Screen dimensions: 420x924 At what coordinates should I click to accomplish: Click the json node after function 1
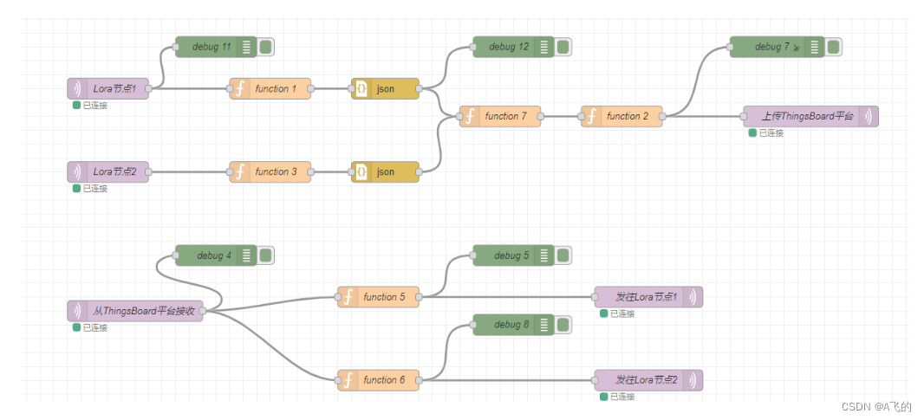tap(386, 88)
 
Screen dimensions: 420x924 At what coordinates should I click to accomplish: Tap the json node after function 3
tap(386, 171)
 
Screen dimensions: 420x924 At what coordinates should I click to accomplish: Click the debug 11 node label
tap(211, 47)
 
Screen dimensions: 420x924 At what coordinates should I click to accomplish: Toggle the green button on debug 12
tap(563, 47)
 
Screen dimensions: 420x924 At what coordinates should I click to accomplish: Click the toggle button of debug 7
tap(833, 47)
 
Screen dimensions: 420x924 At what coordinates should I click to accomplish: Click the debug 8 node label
tap(511, 325)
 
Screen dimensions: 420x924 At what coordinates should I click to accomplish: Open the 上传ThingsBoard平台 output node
tap(810, 116)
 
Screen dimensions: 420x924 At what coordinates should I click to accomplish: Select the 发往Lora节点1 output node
tap(647, 297)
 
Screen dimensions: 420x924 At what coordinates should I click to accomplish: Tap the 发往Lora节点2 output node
tap(647, 380)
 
